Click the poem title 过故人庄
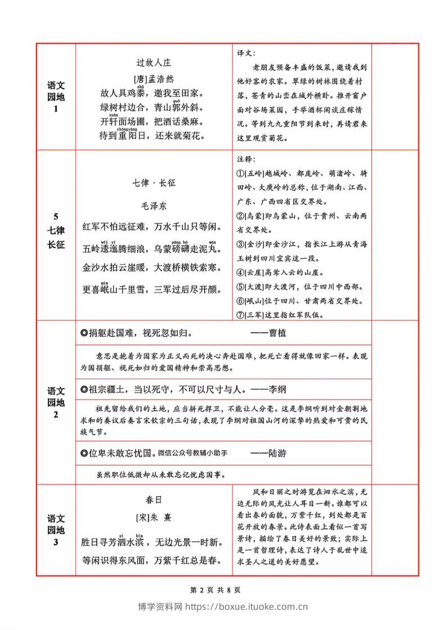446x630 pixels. (154, 63)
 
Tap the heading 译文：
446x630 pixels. (246, 53)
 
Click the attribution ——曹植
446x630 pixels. (268, 333)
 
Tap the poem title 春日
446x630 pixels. (154, 499)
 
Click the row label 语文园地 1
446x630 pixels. (56, 97)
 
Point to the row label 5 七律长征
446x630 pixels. (56, 231)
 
